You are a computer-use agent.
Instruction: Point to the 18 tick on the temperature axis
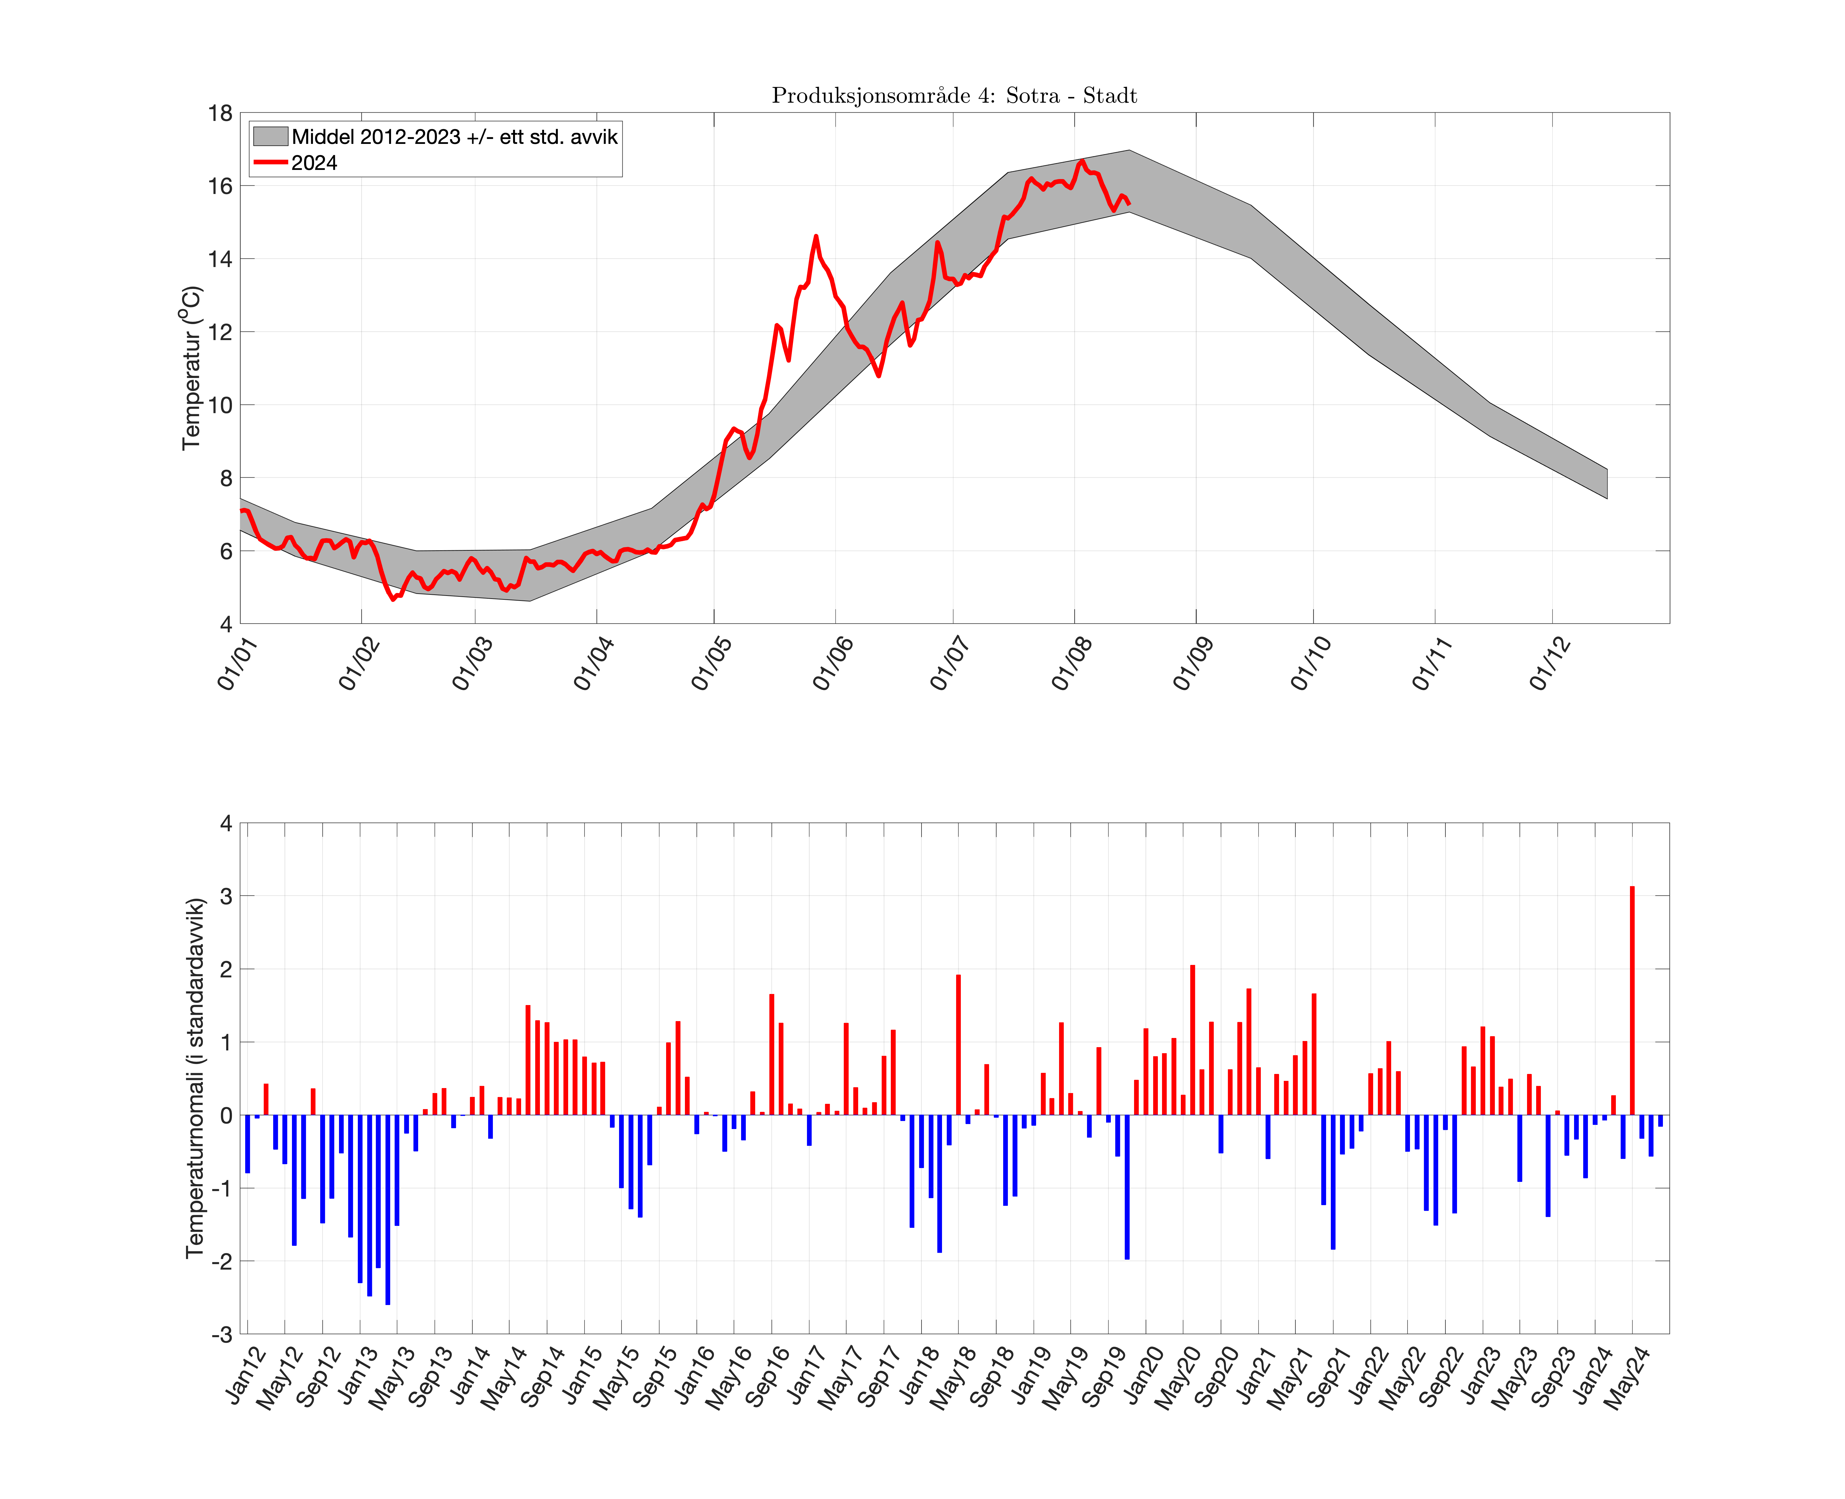pyautogui.click(x=220, y=113)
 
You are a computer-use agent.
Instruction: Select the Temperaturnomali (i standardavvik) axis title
pyautogui.click(x=195, y=1078)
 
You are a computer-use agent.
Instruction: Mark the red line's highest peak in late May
pyautogui.click(x=815, y=237)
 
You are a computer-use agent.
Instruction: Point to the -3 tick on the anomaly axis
pyautogui.click(x=222, y=1334)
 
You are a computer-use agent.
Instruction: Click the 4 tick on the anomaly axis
pyautogui.click(x=226, y=824)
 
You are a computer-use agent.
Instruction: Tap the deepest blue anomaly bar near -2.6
pyautogui.click(x=388, y=1209)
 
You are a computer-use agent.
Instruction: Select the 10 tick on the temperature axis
pyautogui.click(x=220, y=405)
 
